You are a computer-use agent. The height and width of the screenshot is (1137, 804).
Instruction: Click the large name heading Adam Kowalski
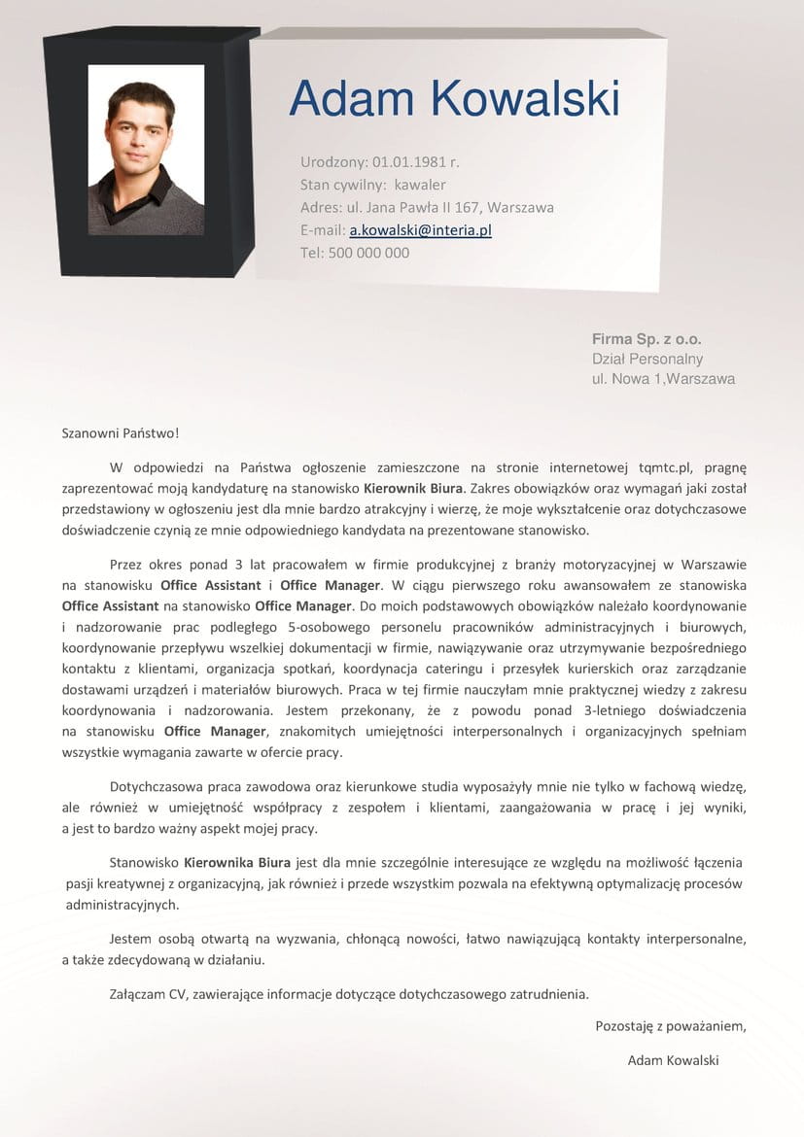(454, 100)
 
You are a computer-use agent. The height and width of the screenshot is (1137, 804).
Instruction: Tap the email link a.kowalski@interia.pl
(420, 230)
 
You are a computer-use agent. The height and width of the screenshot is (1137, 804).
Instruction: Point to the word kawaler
(420, 185)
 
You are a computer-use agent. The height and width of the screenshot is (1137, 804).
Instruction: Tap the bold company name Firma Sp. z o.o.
(647, 339)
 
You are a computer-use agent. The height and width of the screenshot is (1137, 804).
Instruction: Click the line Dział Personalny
(647, 359)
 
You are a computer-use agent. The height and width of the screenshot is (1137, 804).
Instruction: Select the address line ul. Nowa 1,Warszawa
(663, 379)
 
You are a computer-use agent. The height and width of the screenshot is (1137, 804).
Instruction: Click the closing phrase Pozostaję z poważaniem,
(670, 1025)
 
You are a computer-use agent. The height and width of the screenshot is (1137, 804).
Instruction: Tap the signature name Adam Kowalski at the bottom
(673, 1060)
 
